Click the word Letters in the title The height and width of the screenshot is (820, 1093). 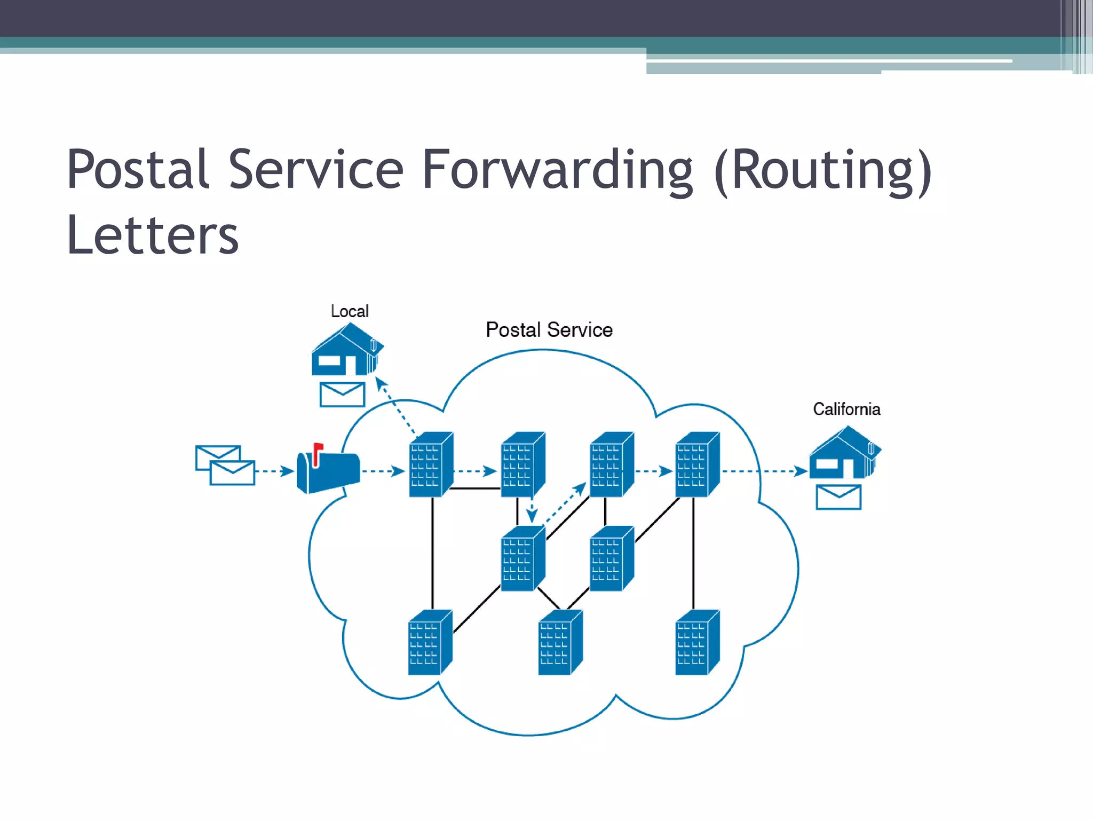coord(153,235)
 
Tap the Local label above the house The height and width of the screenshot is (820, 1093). coord(350,311)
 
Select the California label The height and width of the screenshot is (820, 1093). coord(846,409)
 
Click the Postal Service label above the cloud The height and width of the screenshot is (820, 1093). coord(549,330)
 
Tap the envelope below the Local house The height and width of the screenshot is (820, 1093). coord(342,395)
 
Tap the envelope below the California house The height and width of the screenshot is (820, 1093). coord(838,498)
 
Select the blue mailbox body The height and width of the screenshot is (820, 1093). coord(331,472)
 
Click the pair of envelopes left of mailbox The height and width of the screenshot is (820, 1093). coord(225,465)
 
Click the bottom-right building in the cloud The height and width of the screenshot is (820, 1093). coord(696,643)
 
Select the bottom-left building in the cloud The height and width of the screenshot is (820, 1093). coord(430,643)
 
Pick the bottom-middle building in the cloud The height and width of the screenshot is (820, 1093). coord(559,643)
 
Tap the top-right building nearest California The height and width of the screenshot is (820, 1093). coord(696,465)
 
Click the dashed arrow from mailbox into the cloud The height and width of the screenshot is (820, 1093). coord(383,471)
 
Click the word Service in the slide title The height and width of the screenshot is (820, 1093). coord(316,170)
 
